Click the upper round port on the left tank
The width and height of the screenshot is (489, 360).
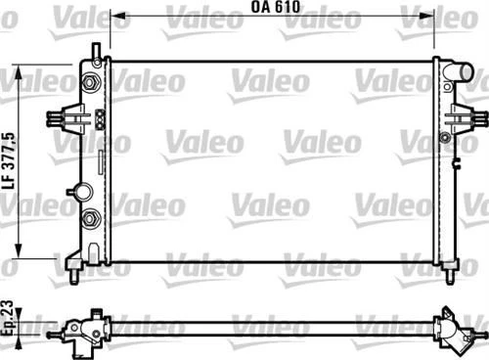(x=94, y=83)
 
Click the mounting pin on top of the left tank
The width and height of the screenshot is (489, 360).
(x=95, y=51)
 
